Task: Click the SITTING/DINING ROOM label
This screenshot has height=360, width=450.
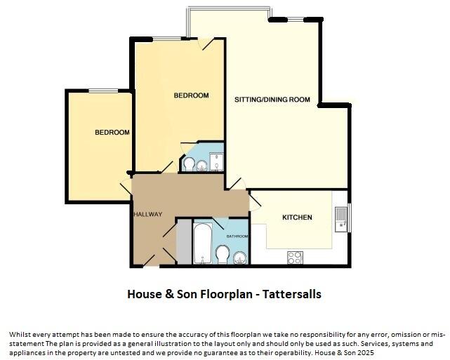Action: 272,100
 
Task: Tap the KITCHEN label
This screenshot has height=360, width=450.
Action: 297,218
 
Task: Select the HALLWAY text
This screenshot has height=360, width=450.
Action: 147,215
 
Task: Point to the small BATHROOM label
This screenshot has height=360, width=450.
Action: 237,236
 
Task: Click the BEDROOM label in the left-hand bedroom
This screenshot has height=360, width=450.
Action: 112,133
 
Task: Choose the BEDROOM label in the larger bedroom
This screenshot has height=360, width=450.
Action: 191,95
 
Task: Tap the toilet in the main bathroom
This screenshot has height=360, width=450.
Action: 223,253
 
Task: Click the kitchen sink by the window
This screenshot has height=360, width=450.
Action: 341,219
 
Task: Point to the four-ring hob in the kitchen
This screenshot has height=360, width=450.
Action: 295,258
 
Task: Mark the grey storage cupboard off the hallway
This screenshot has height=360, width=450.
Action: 184,242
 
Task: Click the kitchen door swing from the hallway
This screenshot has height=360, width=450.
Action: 256,201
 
